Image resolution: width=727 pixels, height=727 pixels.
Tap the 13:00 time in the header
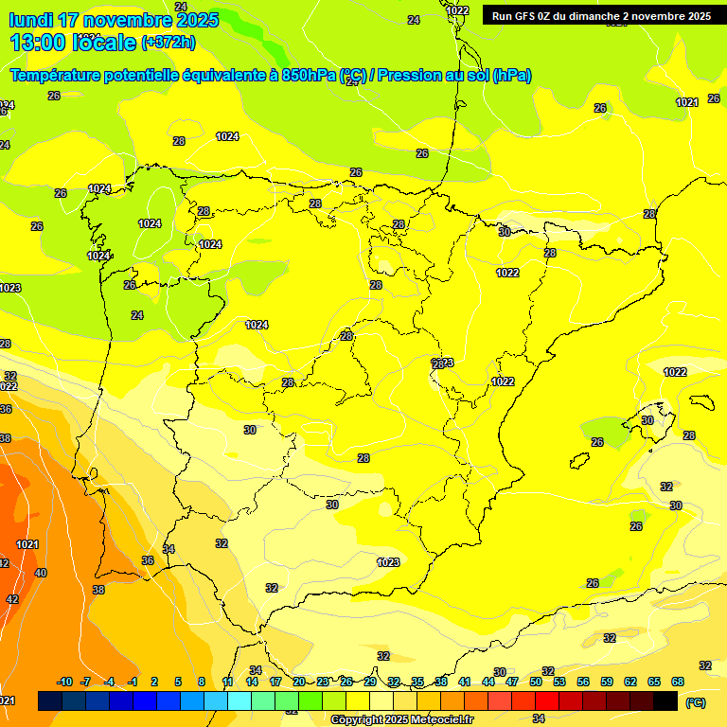(x=38, y=43)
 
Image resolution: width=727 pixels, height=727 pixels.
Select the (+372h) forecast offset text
(x=168, y=43)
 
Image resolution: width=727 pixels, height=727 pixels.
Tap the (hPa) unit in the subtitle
(x=511, y=76)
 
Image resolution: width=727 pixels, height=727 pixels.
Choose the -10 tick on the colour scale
(x=64, y=682)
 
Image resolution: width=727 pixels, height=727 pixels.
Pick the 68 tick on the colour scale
(x=678, y=682)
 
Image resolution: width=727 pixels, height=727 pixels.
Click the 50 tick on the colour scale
(x=536, y=682)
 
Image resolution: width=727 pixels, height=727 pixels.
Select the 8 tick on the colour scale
(x=202, y=682)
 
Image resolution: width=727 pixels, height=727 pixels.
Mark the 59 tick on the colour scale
(x=607, y=682)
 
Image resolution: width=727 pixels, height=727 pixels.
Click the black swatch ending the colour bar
(x=665, y=700)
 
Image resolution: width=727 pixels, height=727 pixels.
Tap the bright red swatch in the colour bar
(x=547, y=700)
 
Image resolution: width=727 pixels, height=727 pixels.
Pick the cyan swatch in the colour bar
(x=239, y=700)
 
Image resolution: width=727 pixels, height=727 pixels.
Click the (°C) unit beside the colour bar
(x=696, y=702)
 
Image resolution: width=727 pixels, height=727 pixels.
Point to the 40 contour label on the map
(x=40, y=573)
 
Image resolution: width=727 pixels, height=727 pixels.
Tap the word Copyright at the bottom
(x=357, y=720)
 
